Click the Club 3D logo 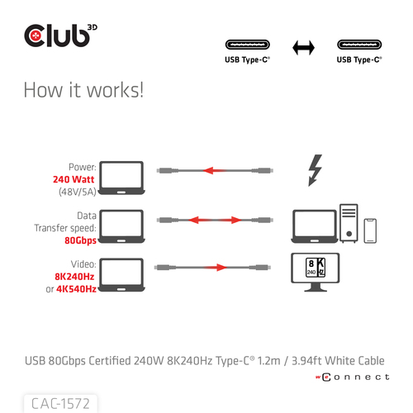pyautogui.click(x=60, y=36)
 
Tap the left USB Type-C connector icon pyautogui.click(x=248, y=45)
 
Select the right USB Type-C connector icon pyautogui.click(x=359, y=45)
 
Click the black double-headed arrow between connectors pyautogui.click(x=303, y=48)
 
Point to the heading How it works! pyautogui.click(x=83, y=90)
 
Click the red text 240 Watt pyautogui.click(x=74, y=179)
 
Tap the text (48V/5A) pyautogui.click(x=78, y=192)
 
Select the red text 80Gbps pyautogui.click(x=80, y=240)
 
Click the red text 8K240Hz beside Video pyautogui.click(x=74, y=277)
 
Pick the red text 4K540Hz pyautogui.click(x=76, y=289)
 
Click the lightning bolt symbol pyautogui.click(x=315, y=170)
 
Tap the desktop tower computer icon pyautogui.click(x=349, y=223)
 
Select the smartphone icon pyautogui.click(x=370, y=230)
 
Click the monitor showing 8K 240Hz pyautogui.click(x=316, y=272)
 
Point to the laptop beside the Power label pyautogui.click(x=121, y=178)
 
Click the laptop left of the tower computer pyautogui.click(x=315, y=226)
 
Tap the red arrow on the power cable pyautogui.click(x=215, y=170)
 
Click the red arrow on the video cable pyautogui.click(x=215, y=268)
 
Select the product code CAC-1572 pyautogui.click(x=60, y=404)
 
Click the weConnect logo pyautogui.click(x=353, y=377)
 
